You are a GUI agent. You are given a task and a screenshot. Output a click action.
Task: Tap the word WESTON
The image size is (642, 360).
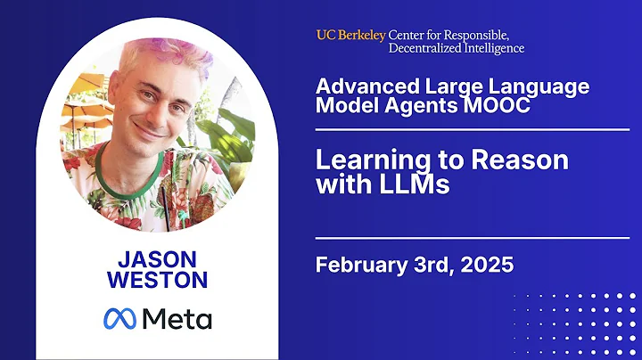pos(156,280)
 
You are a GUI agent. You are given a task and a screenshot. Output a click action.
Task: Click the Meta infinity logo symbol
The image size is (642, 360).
pos(123,318)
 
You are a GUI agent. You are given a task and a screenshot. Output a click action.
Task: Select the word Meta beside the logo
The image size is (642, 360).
pos(179,318)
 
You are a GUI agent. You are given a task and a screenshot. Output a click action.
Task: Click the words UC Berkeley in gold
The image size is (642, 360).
pos(350,35)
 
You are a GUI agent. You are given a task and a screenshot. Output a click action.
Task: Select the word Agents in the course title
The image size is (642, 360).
pos(462,105)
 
